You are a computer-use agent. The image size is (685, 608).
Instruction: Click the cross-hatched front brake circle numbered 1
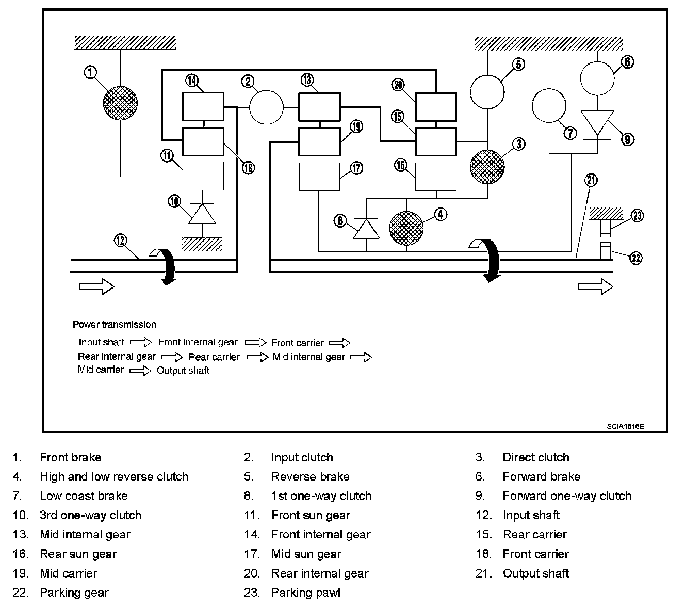(x=120, y=103)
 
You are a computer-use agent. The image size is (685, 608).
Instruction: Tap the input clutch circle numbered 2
(x=266, y=107)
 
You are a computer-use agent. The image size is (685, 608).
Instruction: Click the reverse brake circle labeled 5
(x=487, y=92)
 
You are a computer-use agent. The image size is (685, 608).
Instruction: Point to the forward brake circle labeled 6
(x=597, y=78)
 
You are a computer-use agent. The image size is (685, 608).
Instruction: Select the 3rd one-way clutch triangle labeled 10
(x=203, y=213)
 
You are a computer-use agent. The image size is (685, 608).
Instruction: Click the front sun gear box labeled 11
(x=204, y=177)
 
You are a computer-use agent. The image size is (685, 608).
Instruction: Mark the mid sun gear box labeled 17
(x=320, y=177)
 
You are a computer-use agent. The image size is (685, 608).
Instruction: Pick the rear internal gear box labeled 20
(x=436, y=107)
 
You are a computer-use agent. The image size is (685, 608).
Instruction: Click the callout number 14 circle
(x=191, y=81)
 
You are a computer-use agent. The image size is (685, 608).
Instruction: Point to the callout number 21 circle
(x=591, y=180)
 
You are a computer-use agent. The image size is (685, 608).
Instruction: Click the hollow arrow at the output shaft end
(x=595, y=286)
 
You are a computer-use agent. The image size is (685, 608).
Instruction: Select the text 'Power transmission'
(x=115, y=325)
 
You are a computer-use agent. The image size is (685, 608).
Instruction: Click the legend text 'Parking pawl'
(x=306, y=593)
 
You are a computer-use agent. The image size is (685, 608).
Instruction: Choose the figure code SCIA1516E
(x=625, y=426)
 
